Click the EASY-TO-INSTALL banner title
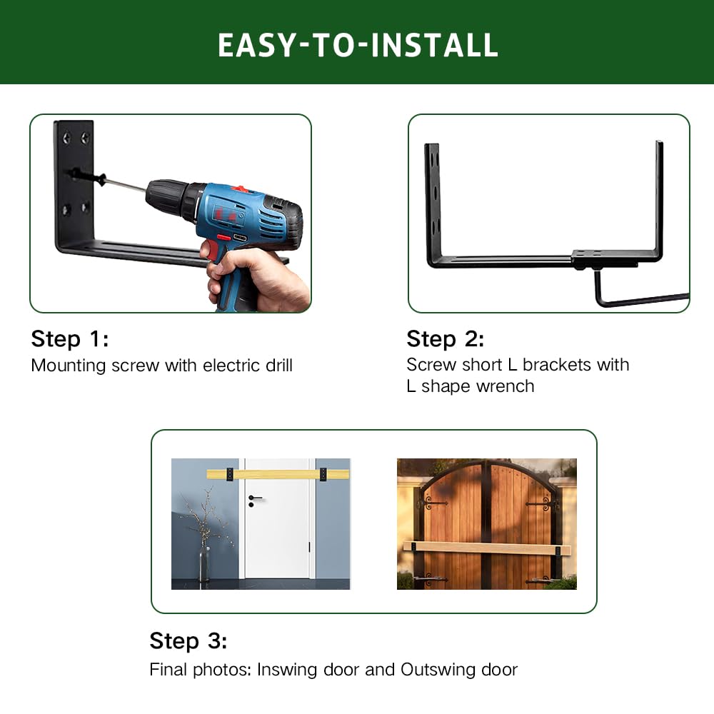[x=357, y=44]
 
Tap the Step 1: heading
[x=70, y=339]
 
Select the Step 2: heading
[x=446, y=338]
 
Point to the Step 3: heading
[x=188, y=641]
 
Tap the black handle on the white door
[x=255, y=498]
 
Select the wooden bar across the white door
[x=278, y=474]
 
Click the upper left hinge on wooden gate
[x=433, y=503]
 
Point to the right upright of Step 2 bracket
[x=659, y=200]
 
